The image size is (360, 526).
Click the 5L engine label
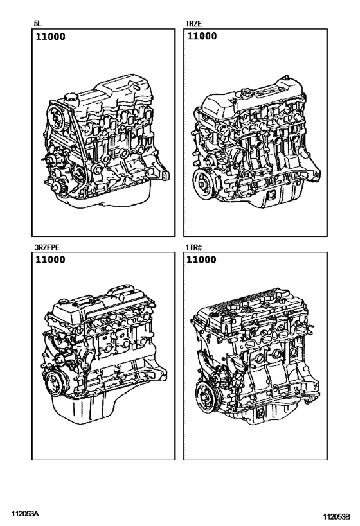point(37,24)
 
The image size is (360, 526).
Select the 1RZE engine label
point(194,24)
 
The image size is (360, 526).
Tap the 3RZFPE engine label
point(47,247)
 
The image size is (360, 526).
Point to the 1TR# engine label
point(194,247)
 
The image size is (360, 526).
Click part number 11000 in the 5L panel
point(50,37)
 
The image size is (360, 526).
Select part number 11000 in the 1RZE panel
point(202,36)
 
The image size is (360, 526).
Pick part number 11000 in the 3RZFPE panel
point(50,259)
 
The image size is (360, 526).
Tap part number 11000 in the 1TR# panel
point(201,259)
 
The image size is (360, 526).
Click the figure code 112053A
point(26,514)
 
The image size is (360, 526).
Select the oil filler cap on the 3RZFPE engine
point(64,302)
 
